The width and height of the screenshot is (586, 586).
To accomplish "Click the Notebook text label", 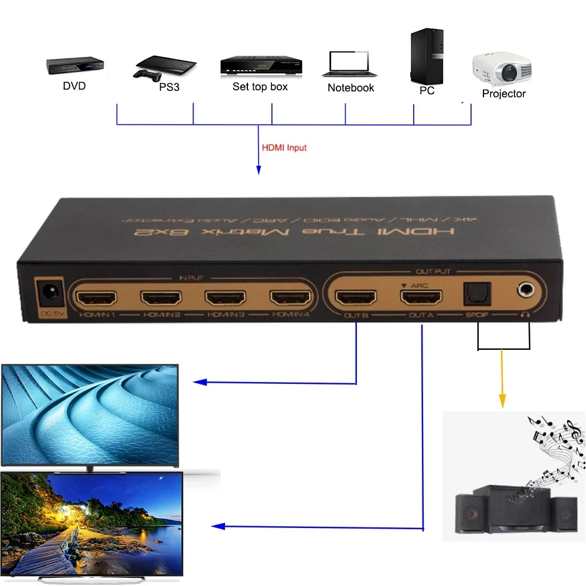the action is pyautogui.click(x=350, y=88).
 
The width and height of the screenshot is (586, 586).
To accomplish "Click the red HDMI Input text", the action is pyautogui.click(x=284, y=148).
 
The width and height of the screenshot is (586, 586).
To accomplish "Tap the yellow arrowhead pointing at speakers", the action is pyautogui.click(x=502, y=401).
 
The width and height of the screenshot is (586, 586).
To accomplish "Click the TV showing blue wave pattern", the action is pyautogui.click(x=90, y=415).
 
